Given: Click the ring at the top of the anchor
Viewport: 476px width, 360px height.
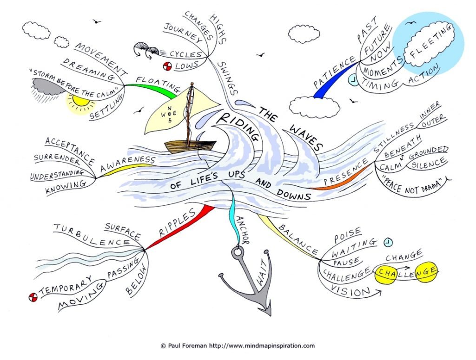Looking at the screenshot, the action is tap(238, 252).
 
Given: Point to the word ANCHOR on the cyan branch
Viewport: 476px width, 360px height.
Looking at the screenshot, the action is tap(243, 230).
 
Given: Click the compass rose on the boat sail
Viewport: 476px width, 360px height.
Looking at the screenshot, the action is tap(169, 114).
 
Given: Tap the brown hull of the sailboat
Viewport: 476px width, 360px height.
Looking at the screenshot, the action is tap(190, 147).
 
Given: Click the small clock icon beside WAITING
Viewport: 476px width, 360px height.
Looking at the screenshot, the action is tap(388, 242).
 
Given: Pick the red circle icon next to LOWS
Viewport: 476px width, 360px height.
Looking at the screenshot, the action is tap(167, 66).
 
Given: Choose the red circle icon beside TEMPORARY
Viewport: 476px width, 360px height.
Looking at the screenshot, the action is tap(33, 298).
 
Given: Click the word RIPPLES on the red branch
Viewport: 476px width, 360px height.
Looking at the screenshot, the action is tap(177, 223).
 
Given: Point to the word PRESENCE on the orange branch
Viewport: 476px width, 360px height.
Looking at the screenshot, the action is tap(345, 171).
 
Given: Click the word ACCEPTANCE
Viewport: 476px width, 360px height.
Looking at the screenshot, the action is tap(70, 150).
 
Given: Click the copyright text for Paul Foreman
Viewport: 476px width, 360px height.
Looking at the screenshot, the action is tap(238, 346).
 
